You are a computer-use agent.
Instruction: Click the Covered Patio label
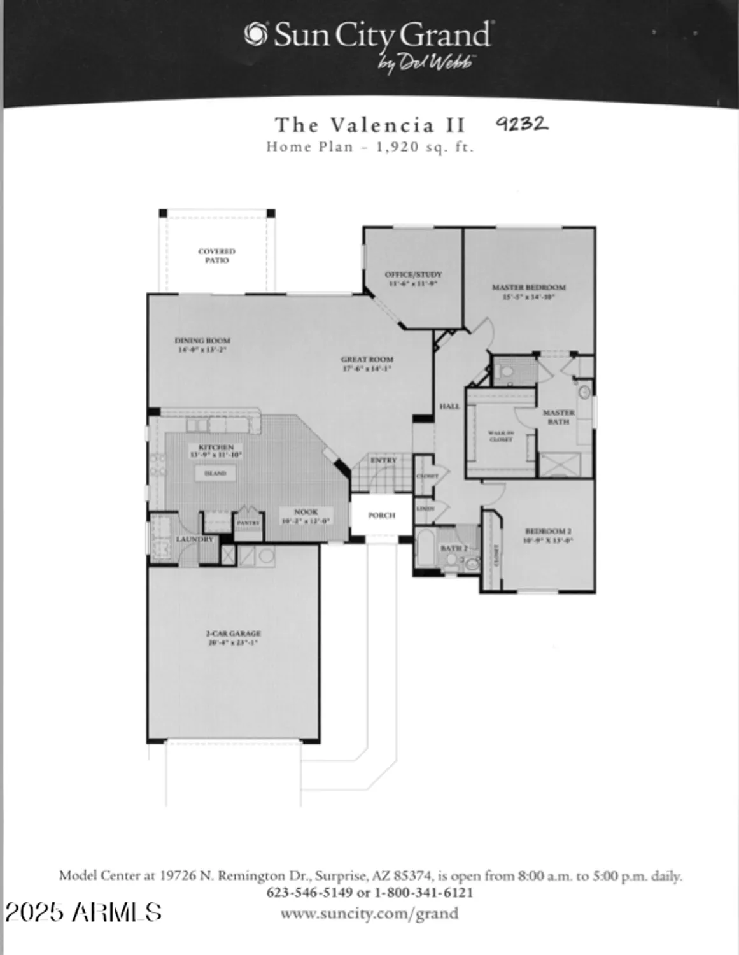[x=216, y=256]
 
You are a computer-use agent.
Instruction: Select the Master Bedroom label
[x=528, y=292]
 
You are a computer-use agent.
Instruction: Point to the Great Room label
[x=367, y=364]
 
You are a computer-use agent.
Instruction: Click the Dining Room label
[x=202, y=344]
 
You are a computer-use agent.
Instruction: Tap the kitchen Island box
[x=215, y=474]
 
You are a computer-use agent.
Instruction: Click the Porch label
[x=381, y=515]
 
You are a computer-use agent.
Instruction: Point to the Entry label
[x=383, y=460]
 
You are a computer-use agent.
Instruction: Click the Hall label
[x=449, y=406]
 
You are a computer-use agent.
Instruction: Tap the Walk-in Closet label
[x=501, y=436]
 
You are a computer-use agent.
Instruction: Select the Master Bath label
[x=558, y=417]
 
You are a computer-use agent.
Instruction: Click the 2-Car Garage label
[x=233, y=638]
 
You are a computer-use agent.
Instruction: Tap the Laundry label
[x=195, y=539]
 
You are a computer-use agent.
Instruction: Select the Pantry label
[x=248, y=523]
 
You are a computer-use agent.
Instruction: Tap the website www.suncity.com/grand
[x=369, y=914]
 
